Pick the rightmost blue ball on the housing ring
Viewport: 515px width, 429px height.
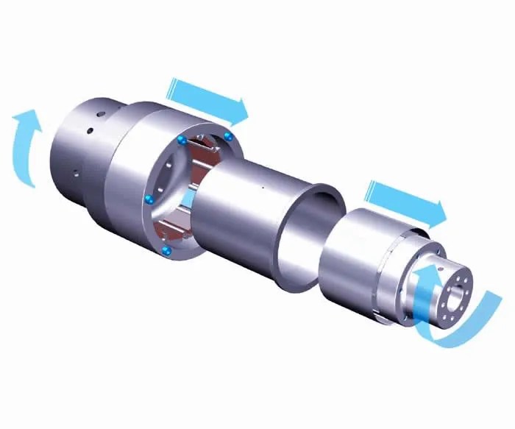pos(229,137)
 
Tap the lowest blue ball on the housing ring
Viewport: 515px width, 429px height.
pos(167,252)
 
